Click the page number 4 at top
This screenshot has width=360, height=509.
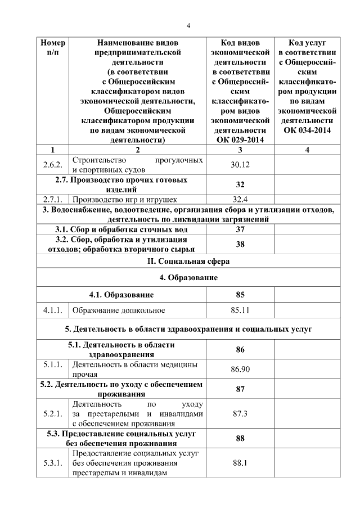click(189, 25)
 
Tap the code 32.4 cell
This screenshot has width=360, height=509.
click(240, 199)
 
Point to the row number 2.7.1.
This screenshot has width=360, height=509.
click(52, 199)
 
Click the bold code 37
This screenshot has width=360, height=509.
click(240, 229)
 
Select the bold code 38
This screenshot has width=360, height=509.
click(240, 244)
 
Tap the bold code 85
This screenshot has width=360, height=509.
click(240, 294)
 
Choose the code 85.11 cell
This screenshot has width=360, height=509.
click(240, 310)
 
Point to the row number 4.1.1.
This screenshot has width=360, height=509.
click(52, 310)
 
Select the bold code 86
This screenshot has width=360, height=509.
click(240, 349)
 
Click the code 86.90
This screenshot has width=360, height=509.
click(240, 369)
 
